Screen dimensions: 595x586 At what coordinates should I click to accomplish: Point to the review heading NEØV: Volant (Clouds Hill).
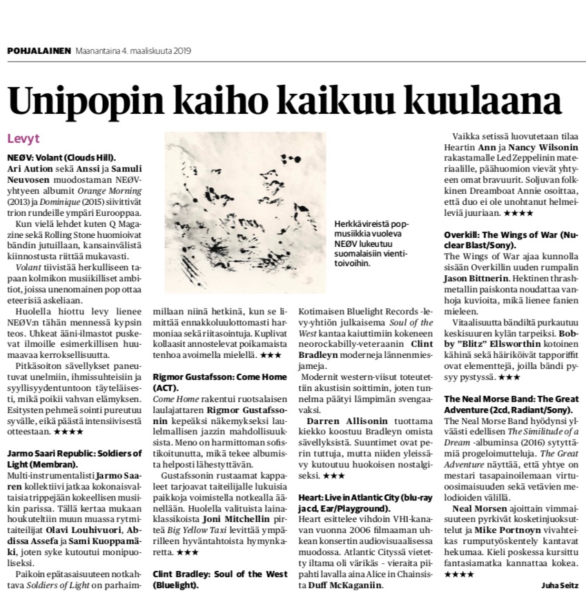61,157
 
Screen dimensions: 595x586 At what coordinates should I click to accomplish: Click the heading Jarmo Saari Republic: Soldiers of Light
74,458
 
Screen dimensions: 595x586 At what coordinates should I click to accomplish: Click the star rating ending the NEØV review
68,432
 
